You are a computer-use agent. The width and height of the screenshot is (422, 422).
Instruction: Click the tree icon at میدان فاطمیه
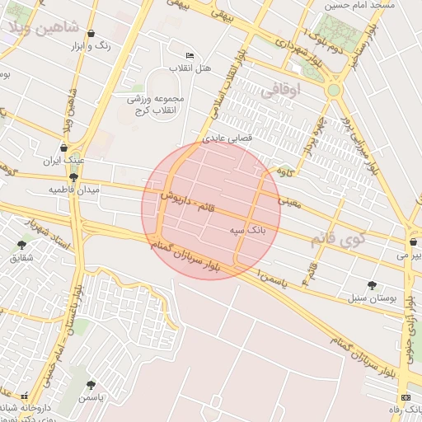pyautogui.click(x=73, y=177)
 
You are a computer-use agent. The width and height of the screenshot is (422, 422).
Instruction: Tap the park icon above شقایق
pyautogui.click(x=21, y=245)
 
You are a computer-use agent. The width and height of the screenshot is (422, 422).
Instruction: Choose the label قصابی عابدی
pyautogui.click(x=228, y=138)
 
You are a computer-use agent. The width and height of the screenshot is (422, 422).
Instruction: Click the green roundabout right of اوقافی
pyautogui.click(x=334, y=90)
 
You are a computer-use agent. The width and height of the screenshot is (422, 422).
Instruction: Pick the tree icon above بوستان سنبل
pyautogui.click(x=373, y=284)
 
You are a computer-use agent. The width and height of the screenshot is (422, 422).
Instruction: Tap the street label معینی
pyautogui.click(x=290, y=200)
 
